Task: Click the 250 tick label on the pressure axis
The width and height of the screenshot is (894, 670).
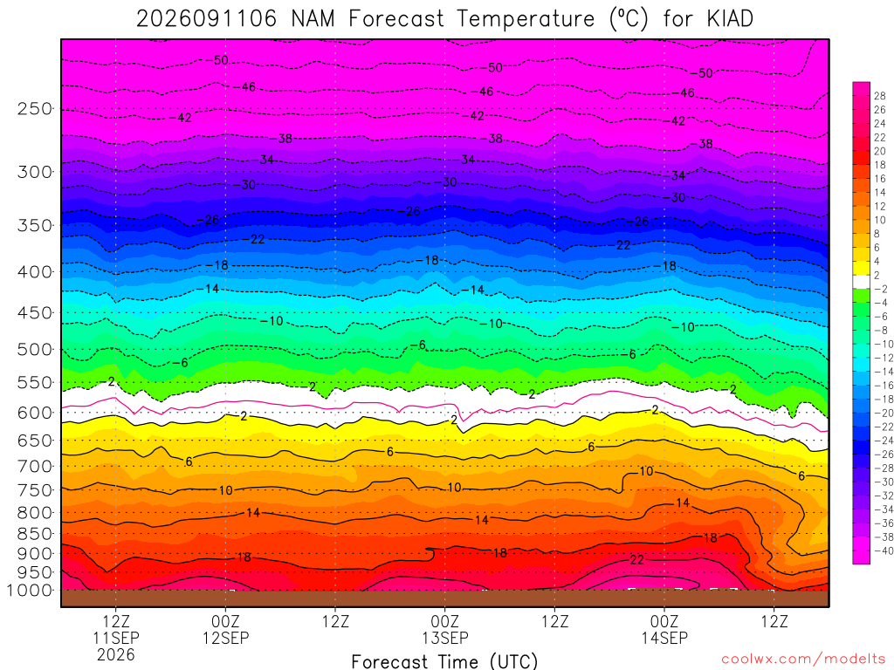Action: click(x=35, y=108)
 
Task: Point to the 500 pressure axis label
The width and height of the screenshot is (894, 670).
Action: click(x=35, y=349)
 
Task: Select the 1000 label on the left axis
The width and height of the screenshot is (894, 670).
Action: click(x=30, y=591)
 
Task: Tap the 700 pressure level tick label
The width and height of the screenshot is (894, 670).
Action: click(x=35, y=467)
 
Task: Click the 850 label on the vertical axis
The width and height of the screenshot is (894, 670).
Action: click(x=35, y=534)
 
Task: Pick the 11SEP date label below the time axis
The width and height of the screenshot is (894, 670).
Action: click(x=116, y=638)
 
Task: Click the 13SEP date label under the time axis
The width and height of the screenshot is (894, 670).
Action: click(x=444, y=638)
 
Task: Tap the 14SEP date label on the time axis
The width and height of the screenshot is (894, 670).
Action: click(x=664, y=638)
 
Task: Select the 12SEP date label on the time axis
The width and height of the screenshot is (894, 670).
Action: click(x=226, y=638)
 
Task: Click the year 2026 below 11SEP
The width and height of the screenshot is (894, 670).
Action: click(x=116, y=654)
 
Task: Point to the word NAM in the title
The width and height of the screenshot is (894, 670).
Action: click(x=313, y=19)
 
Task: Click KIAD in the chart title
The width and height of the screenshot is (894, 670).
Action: click(x=730, y=19)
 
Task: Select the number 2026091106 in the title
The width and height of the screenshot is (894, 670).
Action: click(x=206, y=19)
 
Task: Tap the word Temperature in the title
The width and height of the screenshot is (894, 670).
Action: click(x=526, y=19)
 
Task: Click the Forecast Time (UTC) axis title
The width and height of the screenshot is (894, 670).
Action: click(x=444, y=661)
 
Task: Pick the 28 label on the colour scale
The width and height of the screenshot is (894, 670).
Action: click(x=880, y=96)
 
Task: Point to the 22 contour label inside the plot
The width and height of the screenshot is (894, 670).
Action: click(x=636, y=560)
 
